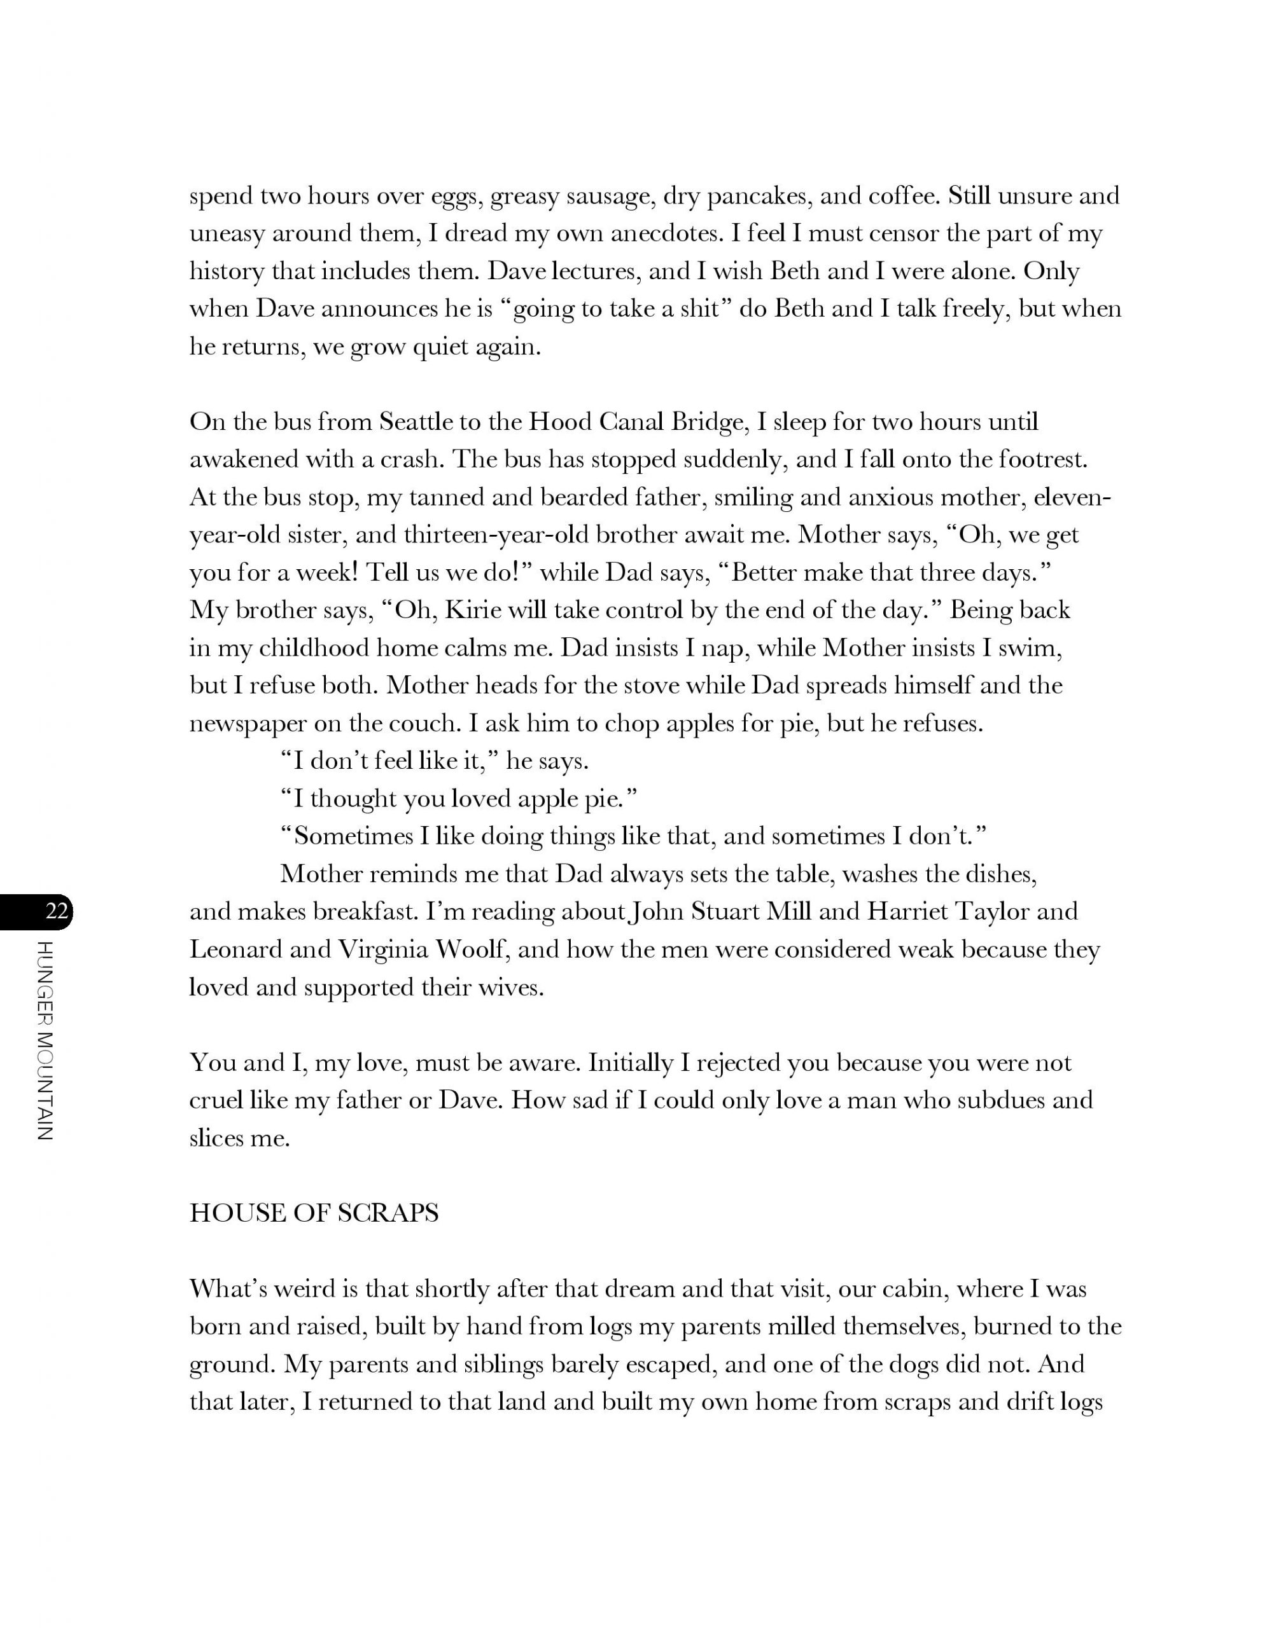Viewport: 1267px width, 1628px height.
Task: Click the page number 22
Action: [57, 911]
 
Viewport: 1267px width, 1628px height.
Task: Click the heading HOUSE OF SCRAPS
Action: [314, 1213]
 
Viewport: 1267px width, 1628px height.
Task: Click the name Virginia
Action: [386, 949]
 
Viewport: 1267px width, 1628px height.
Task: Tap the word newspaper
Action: [248, 724]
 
